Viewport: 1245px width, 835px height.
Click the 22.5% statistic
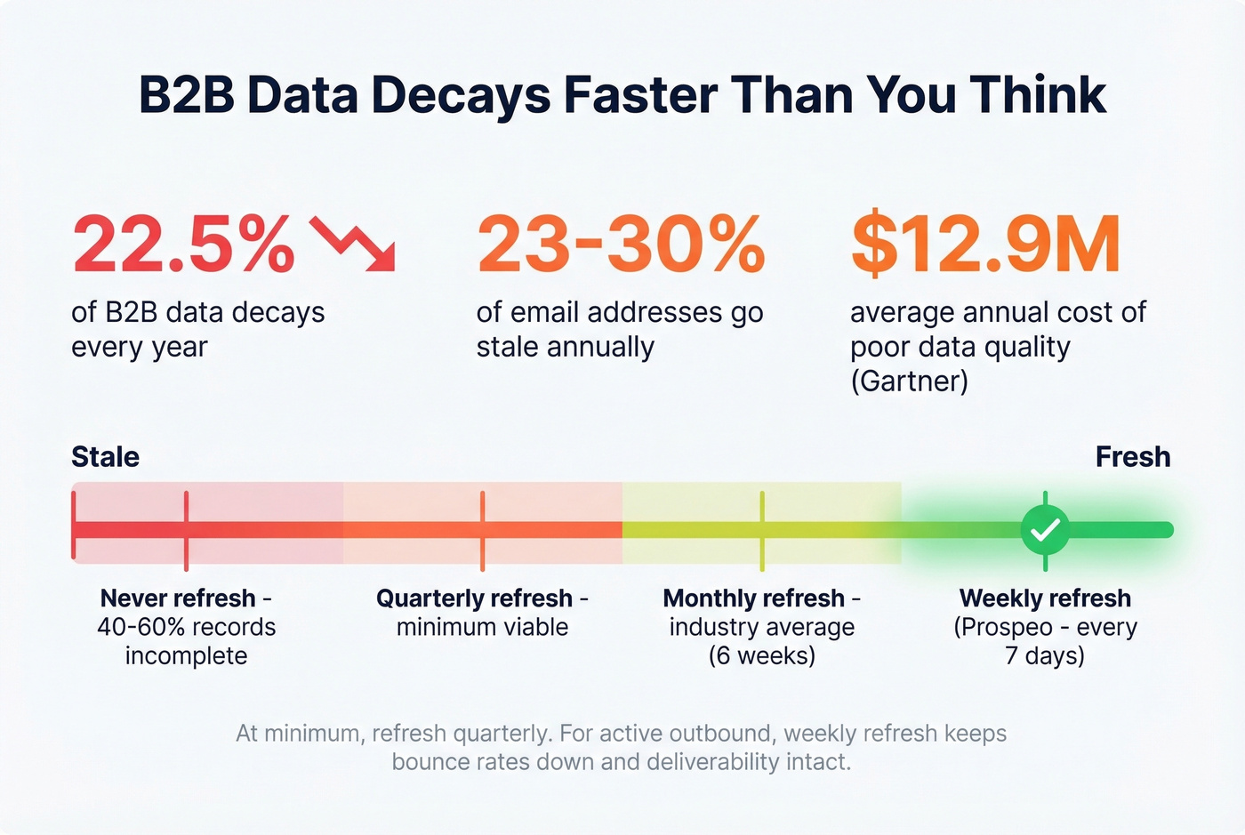[182, 245]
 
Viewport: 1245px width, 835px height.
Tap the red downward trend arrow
[353, 244]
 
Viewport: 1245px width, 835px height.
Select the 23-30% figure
[620, 245]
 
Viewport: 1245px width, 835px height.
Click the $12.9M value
[985, 245]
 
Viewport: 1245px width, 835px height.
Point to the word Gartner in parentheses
[909, 381]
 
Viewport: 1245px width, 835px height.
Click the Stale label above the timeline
[105, 457]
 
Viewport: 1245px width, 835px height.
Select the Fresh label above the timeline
[1132, 457]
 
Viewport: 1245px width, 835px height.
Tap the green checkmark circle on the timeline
[1045, 530]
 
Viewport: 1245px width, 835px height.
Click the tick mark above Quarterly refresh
[482, 530]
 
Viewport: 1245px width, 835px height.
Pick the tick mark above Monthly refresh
[762, 530]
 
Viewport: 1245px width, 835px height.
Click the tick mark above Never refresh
[186, 530]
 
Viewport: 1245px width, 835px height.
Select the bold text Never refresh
[178, 598]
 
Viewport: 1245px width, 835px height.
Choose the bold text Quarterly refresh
[474, 598]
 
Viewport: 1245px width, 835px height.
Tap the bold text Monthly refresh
[753, 598]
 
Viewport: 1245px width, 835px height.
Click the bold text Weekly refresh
[1045, 598]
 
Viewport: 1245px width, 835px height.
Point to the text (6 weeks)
[762, 656]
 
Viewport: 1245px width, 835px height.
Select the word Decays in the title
[462, 96]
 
